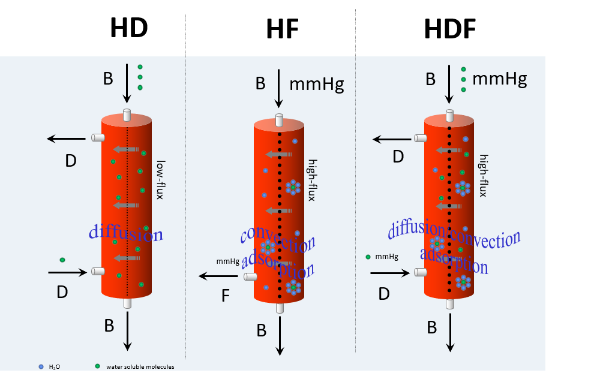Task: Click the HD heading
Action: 128,28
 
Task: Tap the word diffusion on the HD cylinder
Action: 125,233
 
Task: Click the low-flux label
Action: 160,179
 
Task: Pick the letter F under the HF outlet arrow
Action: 226,296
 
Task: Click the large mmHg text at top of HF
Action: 316,83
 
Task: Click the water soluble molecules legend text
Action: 140,366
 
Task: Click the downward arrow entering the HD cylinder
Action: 127,83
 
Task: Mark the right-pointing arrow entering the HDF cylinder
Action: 390,272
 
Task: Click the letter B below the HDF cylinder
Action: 431,327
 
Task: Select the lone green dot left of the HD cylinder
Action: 62,260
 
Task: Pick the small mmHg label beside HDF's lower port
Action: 386,257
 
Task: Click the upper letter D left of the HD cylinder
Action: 70,161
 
